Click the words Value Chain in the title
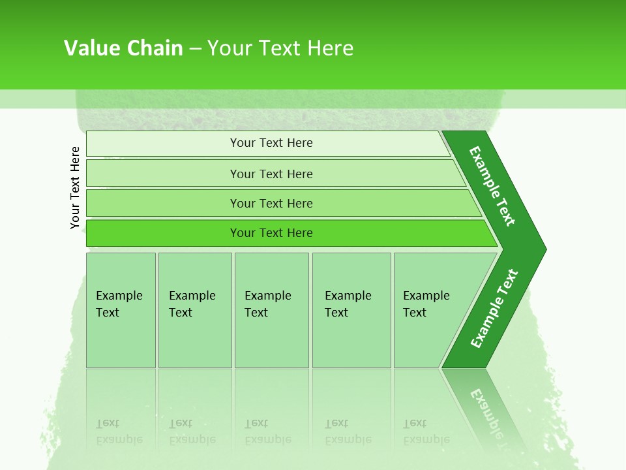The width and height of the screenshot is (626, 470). point(123,48)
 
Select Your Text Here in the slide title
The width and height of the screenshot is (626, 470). point(280,48)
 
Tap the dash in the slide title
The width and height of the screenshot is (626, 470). point(195,49)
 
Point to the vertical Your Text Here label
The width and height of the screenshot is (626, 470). point(75,188)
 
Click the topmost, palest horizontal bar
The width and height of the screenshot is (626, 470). point(271,143)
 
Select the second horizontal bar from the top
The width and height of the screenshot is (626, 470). point(271,174)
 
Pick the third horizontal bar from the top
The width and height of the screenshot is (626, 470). point(271,203)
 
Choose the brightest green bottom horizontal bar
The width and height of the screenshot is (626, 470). point(271,233)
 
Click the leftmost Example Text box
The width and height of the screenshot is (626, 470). point(121,310)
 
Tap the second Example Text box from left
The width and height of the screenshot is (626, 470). point(194,310)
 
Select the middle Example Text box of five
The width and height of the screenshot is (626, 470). point(271,310)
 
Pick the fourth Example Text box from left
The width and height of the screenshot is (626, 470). point(351,310)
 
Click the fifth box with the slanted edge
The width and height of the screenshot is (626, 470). point(430,310)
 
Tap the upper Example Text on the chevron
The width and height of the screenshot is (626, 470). point(492,186)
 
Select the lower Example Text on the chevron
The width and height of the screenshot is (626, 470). point(494,309)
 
